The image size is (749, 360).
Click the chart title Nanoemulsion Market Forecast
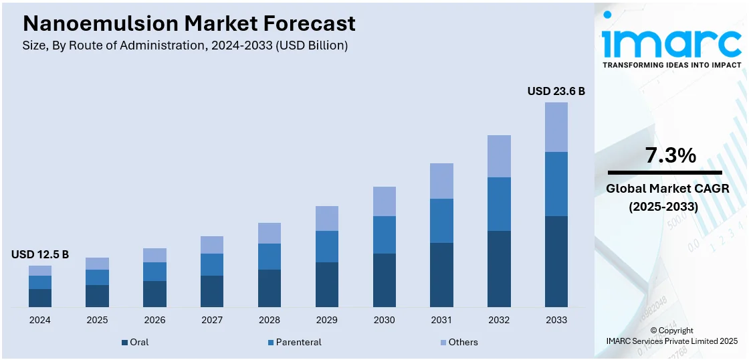pyautogui.click(x=189, y=24)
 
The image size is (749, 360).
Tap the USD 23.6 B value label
pyautogui.click(x=556, y=91)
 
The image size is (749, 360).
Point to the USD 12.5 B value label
pyautogui.click(x=40, y=254)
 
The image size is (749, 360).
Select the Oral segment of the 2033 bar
pyautogui.click(x=556, y=261)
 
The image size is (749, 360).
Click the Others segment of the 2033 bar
pyautogui.click(x=556, y=127)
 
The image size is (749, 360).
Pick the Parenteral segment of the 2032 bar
pyautogui.click(x=499, y=204)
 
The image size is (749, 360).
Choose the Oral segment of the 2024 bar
pyautogui.click(x=40, y=298)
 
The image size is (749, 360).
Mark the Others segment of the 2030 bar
pyautogui.click(x=384, y=201)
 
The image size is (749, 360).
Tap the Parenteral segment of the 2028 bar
pyautogui.click(x=270, y=256)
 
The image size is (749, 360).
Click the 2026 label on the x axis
pyautogui.click(x=154, y=320)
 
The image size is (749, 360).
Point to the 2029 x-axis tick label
pyautogui.click(x=327, y=320)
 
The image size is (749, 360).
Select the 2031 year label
pyautogui.click(x=441, y=320)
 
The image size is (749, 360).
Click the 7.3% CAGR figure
pyautogui.click(x=671, y=156)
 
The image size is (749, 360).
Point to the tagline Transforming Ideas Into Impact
pyautogui.click(x=671, y=65)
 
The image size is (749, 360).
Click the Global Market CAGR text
pyautogui.click(x=667, y=189)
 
